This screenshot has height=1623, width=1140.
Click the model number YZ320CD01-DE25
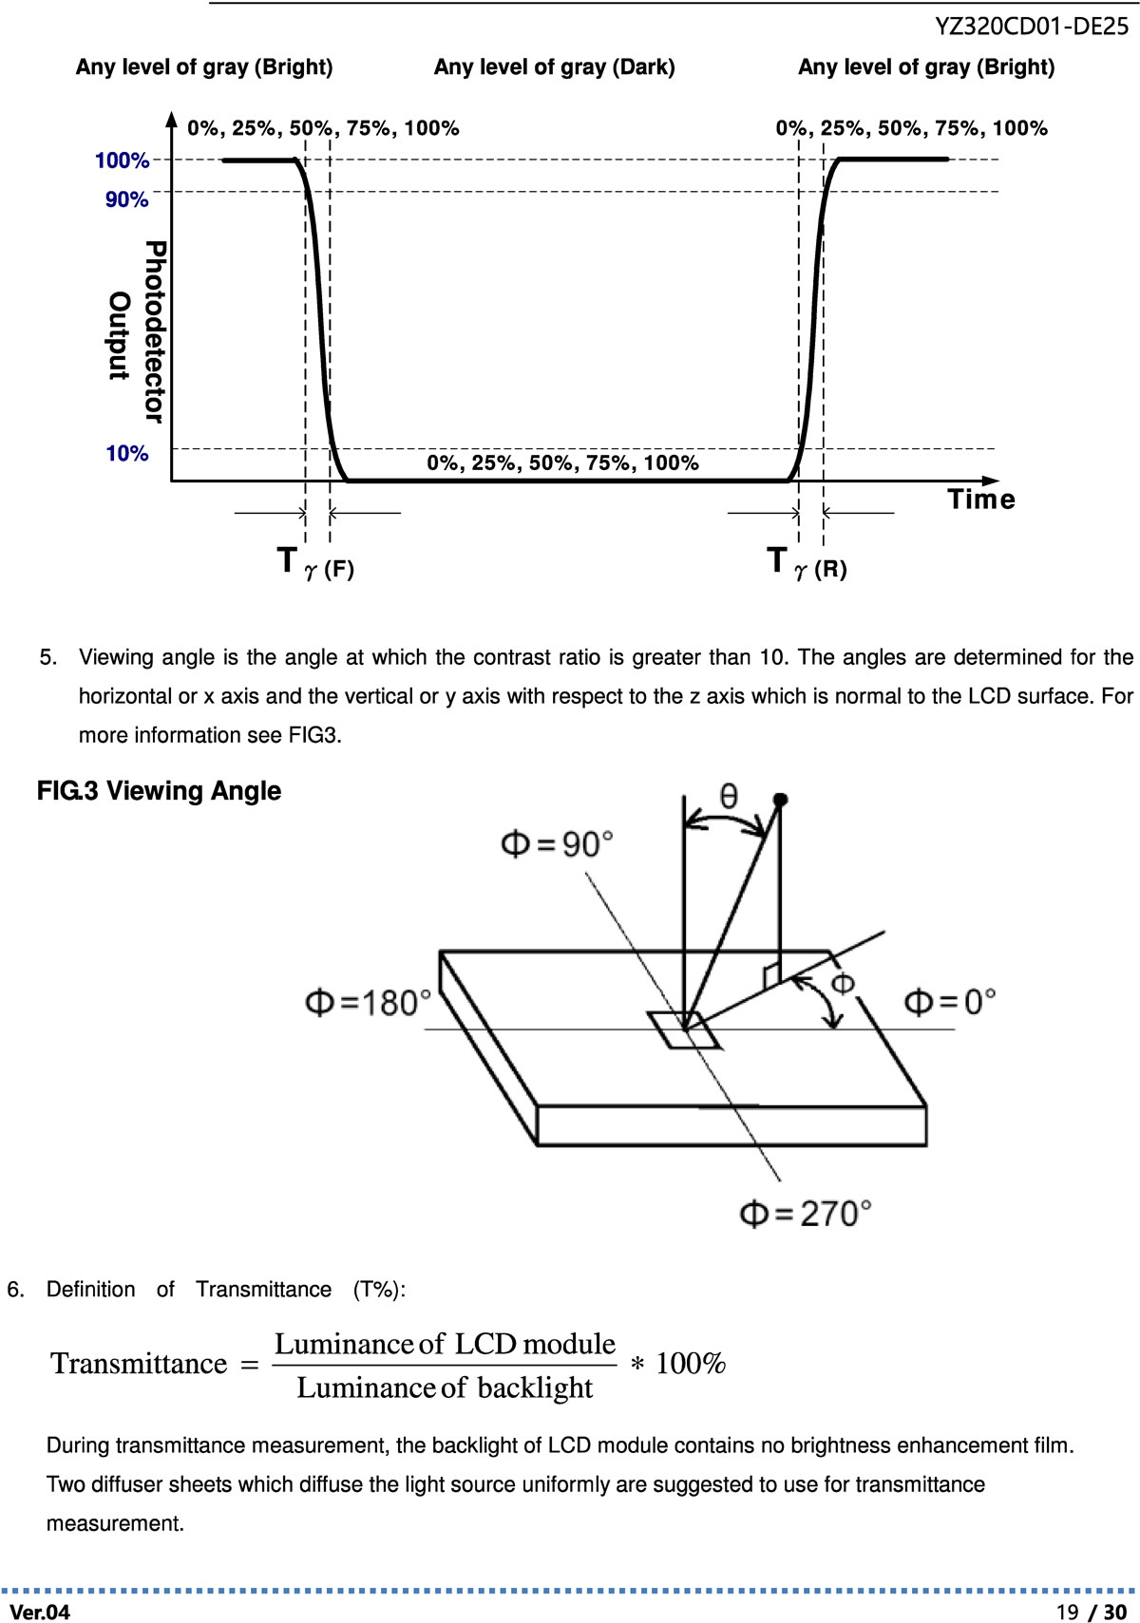(1032, 27)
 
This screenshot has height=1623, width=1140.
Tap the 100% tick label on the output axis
(122, 160)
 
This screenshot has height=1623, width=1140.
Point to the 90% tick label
(126, 199)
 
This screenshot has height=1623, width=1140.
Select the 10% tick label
(126, 453)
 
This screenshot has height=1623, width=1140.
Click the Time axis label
(981, 500)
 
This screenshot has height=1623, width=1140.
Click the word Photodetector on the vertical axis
(155, 331)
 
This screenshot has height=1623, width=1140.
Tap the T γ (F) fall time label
(315, 563)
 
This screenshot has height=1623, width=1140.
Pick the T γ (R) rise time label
(807, 563)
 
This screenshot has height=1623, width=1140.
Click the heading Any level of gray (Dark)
(555, 67)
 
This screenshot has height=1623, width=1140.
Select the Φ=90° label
(557, 843)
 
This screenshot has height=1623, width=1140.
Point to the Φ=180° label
(369, 1002)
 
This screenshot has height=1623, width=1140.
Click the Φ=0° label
(949, 1001)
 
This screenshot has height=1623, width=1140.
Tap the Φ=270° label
(806, 1213)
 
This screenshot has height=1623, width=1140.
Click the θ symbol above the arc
(728, 795)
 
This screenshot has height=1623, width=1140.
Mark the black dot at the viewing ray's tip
(780, 801)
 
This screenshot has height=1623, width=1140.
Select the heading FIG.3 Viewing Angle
(159, 791)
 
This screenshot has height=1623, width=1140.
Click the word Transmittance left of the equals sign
(139, 1364)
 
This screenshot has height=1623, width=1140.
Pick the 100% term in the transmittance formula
(691, 1364)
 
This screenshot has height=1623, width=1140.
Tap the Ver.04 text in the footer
(40, 1612)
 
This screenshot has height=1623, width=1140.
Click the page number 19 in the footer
(1068, 1612)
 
